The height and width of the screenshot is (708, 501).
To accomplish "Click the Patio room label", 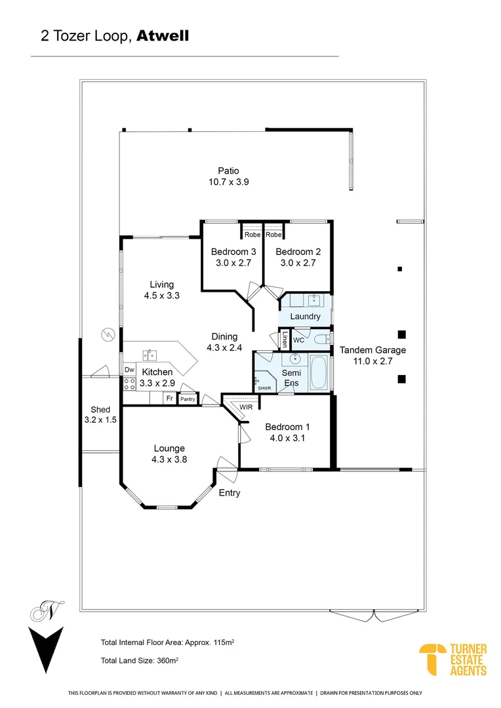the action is pyautogui.click(x=228, y=170).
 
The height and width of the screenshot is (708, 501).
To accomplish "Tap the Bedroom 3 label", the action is pyautogui.click(x=233, y=252).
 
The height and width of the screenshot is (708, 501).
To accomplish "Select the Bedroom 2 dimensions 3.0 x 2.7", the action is pyautogui.click(x=298, y=263).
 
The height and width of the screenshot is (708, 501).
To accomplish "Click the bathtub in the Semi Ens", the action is pyautogui.click(x=319, y=372).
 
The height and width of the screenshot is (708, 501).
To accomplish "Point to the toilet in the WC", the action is pyautogui.click(x=322, y=339).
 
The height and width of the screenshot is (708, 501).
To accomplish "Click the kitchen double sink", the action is pyautogui.click(x=150, y=355).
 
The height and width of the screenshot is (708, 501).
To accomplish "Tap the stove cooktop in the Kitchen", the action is pyautogui.click(x=130, y=383).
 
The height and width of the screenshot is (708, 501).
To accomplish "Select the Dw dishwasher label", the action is pyautogui.click(x=130, y=370).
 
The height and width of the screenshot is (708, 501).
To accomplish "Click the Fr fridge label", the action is pyautogui.click(x=169, y=399).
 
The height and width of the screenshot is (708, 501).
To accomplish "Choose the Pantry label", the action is pyautogui.click(x=188, y=399).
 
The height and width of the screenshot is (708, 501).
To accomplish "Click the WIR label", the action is pyautogui.click(x=246, y=407).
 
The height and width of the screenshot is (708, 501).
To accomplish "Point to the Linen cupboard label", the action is pyautogui.click(x=285, y=340).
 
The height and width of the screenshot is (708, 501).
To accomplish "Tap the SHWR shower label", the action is pyautogui.click(x=264, y=388).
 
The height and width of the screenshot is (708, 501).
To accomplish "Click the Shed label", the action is pyautogui.click(x=100, y=410).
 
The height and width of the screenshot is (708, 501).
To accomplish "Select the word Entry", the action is pyautogui.click(x=230, y=493).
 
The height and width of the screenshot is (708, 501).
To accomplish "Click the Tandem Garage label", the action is pyautogui.click(x=372, y=350).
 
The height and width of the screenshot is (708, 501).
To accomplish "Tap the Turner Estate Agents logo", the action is pyautogui.click(x=453, y=659).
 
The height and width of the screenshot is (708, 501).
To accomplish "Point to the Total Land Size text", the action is pyautogui.click(x=140, y=661).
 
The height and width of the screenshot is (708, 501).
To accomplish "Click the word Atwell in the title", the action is pyautogui.click(x=163, y=35).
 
